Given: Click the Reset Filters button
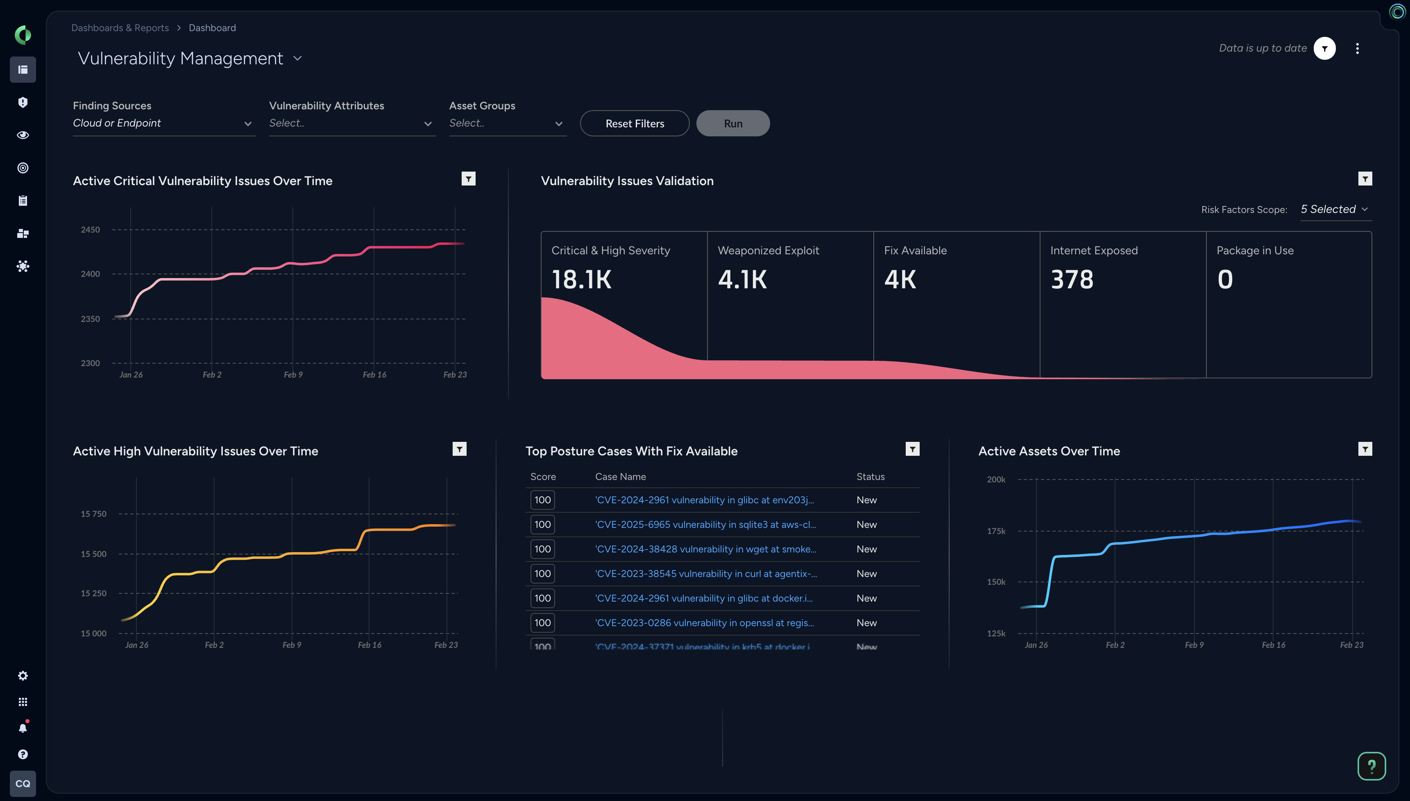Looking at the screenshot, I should point(634,124).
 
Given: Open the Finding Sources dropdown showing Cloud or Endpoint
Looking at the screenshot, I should point(163,123).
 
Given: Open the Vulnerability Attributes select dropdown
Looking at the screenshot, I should point(351,123).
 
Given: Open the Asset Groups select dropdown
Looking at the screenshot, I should point(507,123).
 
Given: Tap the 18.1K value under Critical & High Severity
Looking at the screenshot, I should point(582,279).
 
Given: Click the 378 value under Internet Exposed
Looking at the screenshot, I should point(1072,279).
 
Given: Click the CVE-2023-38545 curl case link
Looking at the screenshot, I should point(706,574).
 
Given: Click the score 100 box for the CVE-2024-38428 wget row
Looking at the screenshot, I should point(542,549).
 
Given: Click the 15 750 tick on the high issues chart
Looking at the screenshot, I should point(93,514).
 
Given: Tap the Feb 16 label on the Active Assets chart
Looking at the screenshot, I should point(1273,645).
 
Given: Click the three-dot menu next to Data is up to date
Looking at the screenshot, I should point(1357,48).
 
